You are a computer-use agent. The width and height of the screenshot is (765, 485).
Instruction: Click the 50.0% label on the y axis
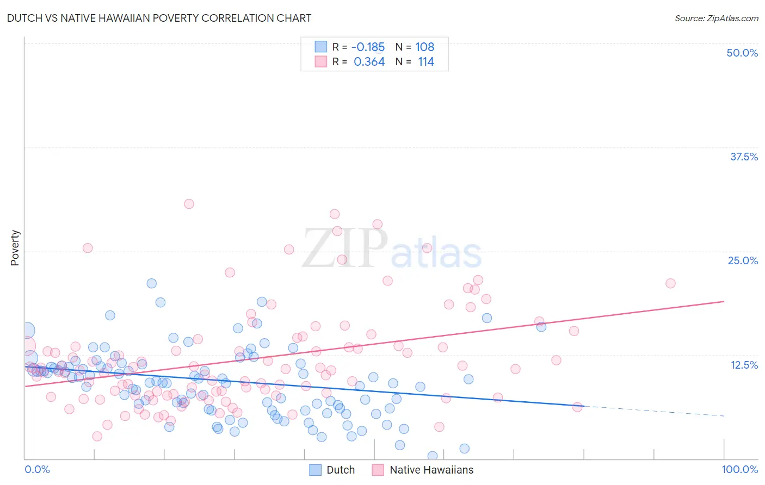point(742,53)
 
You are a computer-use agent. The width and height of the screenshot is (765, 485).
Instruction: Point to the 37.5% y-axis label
point(744,157)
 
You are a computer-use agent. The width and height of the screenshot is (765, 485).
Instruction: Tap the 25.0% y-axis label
point(743,260)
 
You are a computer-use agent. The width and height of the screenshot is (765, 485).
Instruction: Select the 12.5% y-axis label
point(744,365)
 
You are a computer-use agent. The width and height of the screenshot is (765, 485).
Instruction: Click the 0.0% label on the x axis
point(37,469)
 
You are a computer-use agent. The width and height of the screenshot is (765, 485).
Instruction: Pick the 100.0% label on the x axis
point(739,469)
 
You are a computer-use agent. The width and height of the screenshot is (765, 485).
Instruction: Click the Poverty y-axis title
point(15,248)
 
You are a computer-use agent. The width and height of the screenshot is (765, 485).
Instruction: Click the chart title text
point(159,18)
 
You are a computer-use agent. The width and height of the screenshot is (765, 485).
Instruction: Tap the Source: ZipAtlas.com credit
point(716,18)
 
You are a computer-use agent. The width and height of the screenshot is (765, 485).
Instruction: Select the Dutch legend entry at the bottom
point(340,470)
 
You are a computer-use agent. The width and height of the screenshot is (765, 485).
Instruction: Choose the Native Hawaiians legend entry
point(431,470)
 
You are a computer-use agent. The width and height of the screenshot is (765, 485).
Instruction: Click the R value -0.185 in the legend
point(368,47)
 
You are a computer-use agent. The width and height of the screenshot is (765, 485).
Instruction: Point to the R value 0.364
point(369,62)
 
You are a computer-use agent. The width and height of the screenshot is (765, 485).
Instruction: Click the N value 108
point(424,47)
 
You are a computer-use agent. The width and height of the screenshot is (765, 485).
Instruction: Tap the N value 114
point(425,62)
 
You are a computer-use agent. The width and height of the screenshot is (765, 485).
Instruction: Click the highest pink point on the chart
point(189,204)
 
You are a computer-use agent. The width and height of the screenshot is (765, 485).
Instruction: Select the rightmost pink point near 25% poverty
point(670,283)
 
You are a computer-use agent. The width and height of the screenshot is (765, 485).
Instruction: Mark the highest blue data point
point(152,283)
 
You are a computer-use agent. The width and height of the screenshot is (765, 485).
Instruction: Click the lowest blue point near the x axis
point(433,456)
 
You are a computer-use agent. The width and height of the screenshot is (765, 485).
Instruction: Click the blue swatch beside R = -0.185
point(321,47)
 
